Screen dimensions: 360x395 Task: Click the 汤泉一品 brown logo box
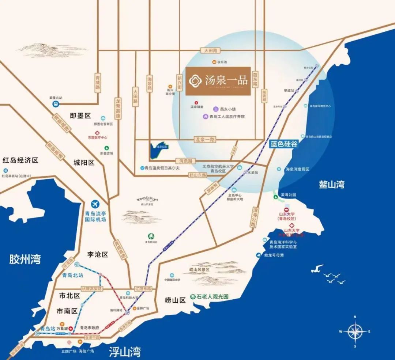point(218,81)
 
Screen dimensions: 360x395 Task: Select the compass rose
point(354,331)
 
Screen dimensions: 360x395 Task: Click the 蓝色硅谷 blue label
point(284,144)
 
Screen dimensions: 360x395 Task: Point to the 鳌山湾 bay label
point(331,185)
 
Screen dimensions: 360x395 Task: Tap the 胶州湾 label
point(25,259)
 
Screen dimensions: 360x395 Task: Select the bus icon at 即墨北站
point(56,105)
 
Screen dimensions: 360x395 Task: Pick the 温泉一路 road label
point(205,139)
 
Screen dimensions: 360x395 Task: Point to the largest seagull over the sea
point(317,268)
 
